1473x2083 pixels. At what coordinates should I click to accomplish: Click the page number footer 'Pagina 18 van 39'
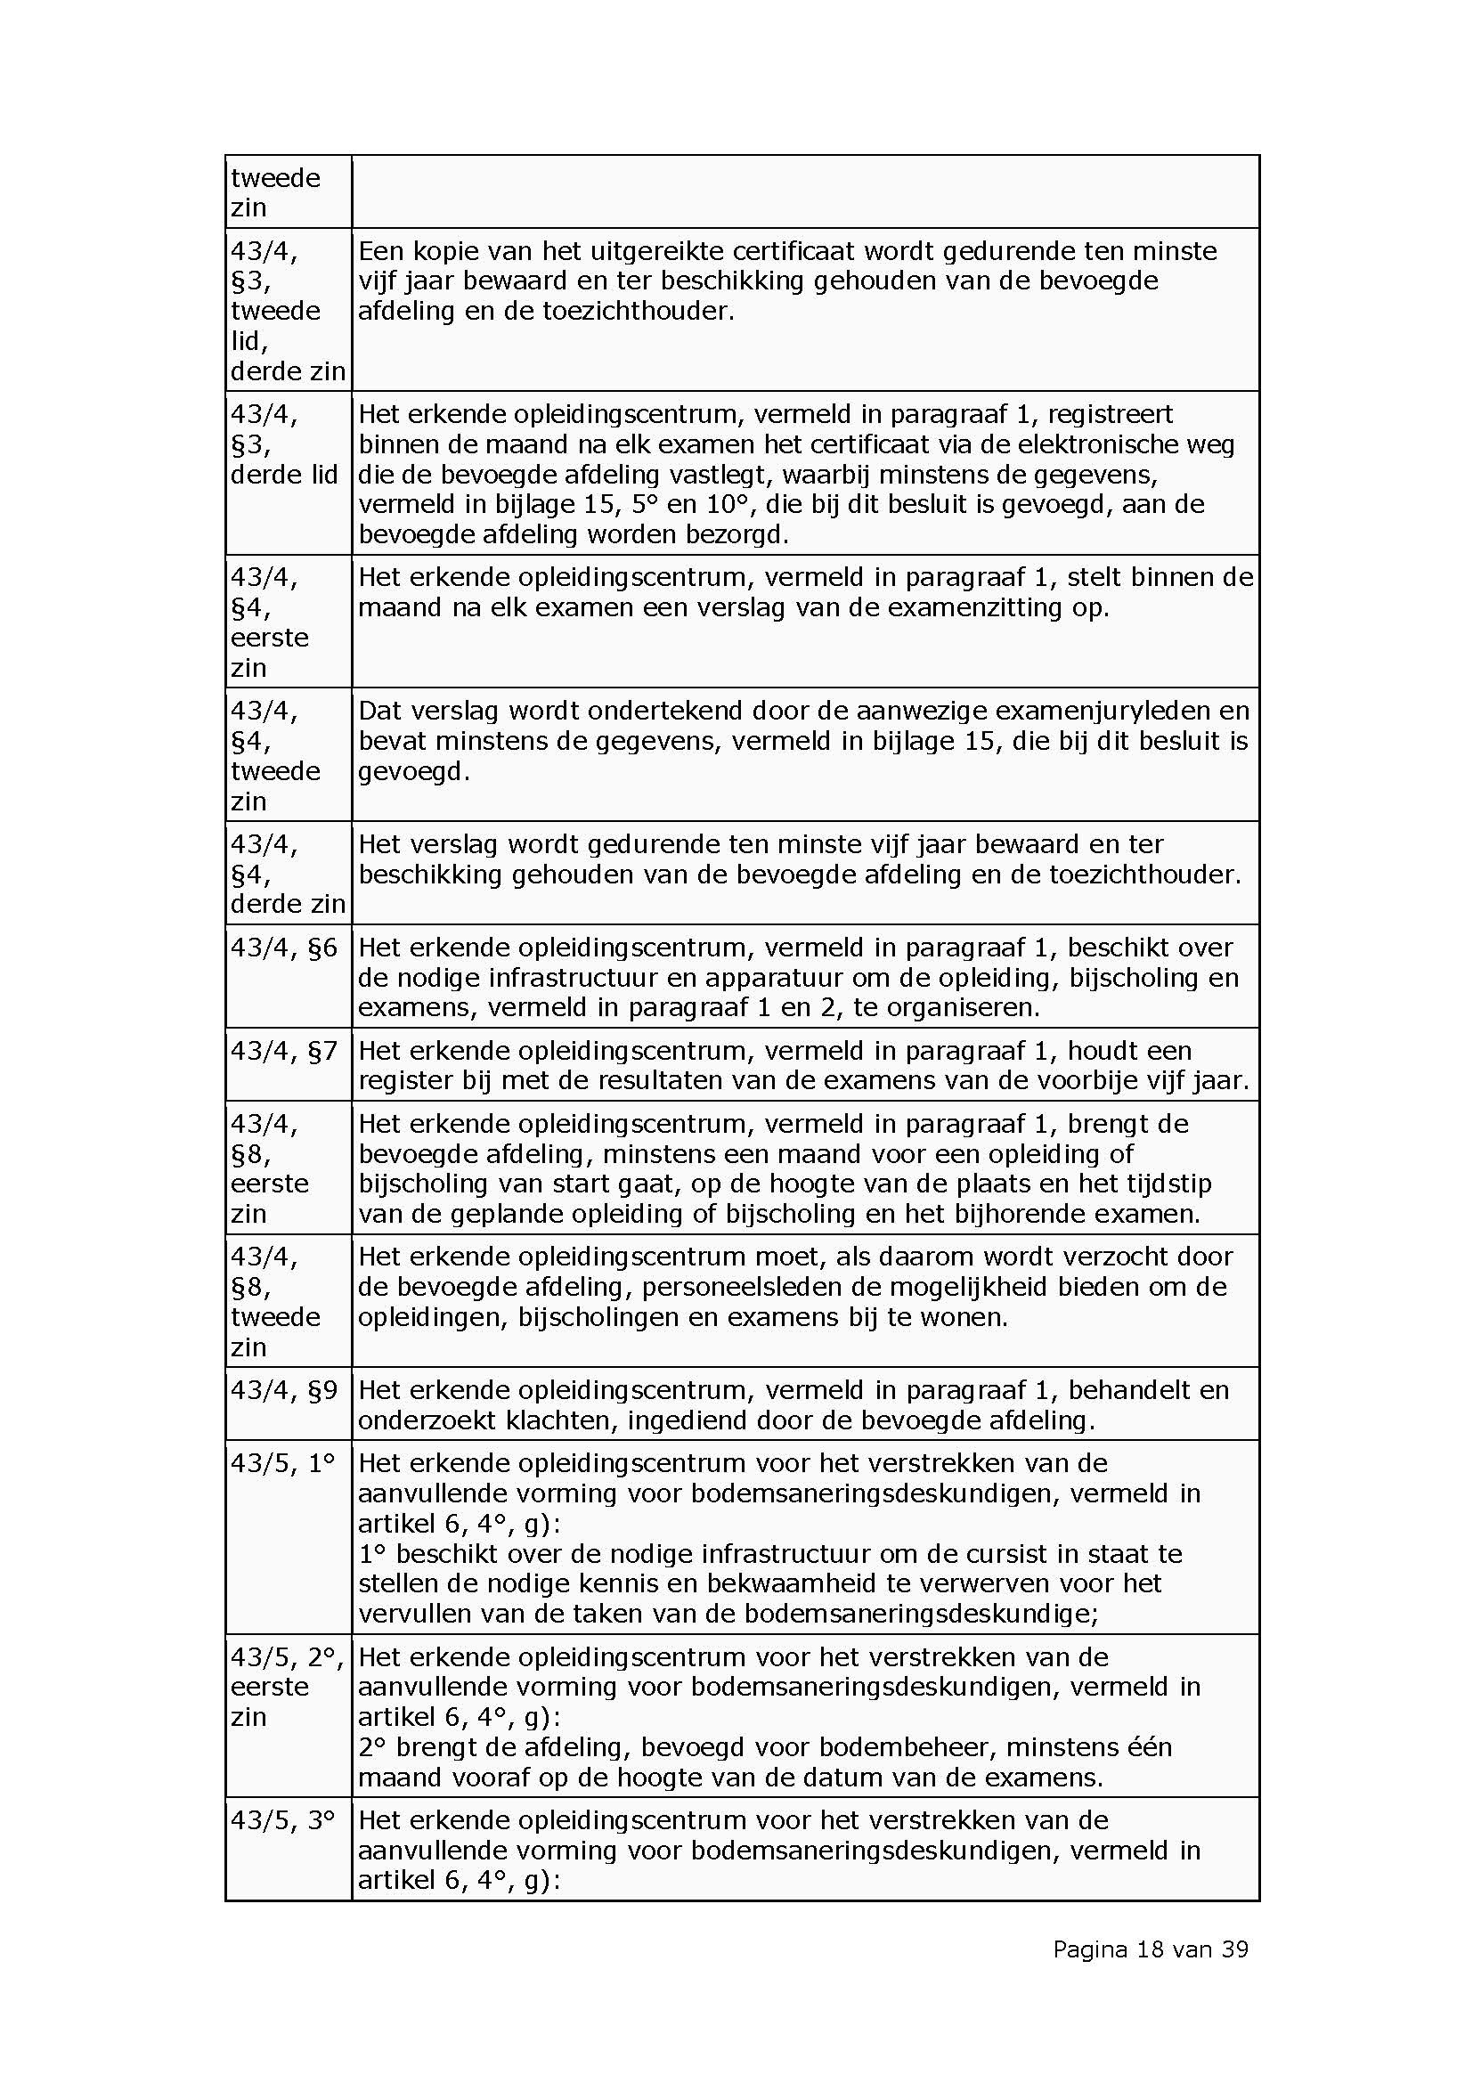[1150, 1949]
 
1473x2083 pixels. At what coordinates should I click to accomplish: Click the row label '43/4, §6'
[284, 948]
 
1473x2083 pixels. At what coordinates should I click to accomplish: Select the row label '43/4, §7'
[284, 1052]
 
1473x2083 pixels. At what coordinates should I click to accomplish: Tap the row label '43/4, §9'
[284, 1391]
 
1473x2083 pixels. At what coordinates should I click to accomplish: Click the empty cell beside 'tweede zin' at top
[804, 191]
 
